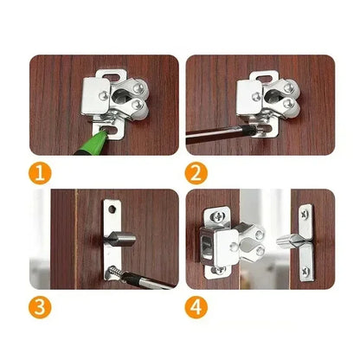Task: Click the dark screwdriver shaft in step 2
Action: point(216,139)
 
